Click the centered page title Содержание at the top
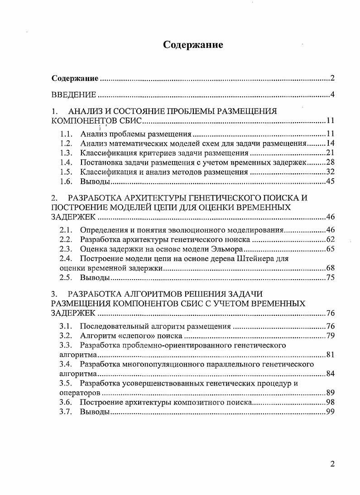193,45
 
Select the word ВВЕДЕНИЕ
74,95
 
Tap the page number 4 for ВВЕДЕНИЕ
332,95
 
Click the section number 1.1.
67,134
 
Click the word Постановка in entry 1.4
101,162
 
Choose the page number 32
330,172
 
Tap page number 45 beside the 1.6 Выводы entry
330,181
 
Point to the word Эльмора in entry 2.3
228,249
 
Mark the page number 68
330,268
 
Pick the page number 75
330,277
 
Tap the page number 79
330,336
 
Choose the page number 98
330,403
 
